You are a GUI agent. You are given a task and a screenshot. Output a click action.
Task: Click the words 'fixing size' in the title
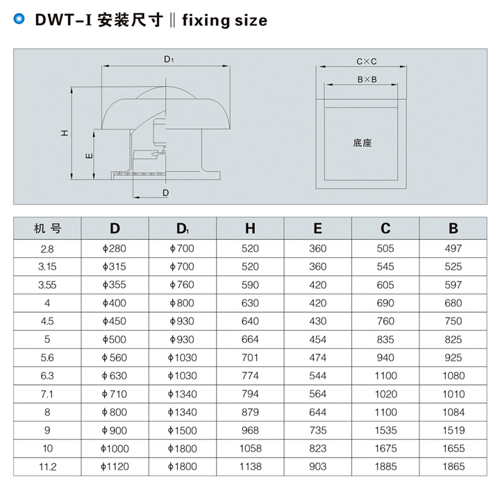224,20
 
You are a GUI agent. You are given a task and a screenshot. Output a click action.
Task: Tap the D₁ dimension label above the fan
169,60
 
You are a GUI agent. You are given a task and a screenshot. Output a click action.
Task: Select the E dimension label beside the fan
89,156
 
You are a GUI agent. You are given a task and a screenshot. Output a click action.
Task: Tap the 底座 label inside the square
362,144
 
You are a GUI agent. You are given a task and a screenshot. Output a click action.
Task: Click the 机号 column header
47,229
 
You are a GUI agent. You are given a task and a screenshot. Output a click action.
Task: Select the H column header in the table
250,229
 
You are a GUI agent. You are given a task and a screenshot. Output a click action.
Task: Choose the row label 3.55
47,284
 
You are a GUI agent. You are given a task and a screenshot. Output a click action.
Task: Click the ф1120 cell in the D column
115,467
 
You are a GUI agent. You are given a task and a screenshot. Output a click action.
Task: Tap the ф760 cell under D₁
183,284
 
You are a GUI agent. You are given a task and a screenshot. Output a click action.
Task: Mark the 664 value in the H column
250,339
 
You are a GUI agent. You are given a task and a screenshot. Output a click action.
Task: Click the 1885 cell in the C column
385,467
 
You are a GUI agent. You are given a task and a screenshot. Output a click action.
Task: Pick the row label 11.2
47,467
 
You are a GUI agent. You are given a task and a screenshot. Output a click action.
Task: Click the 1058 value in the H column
250,449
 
